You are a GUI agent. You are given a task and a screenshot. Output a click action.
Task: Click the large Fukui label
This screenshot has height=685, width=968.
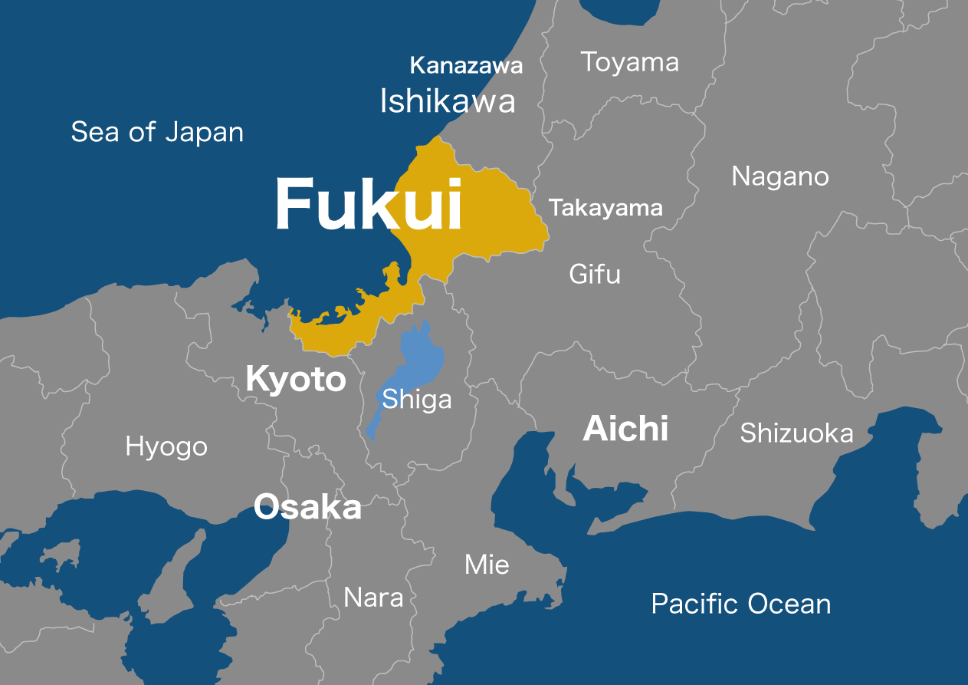(x=369, y=205)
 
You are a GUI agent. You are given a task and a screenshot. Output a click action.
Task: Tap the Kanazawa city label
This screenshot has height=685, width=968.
(x=466, y=65)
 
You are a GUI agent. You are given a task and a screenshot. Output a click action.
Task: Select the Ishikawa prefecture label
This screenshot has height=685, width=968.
(x=448, y=101)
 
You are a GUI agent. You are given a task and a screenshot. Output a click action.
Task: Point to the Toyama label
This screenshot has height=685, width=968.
(x=629, y=62)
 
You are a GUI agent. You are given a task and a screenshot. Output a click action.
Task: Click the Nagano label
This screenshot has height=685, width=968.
(x=779, y=176)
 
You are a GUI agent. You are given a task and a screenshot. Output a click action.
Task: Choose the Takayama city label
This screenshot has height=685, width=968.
(x=605, y=208)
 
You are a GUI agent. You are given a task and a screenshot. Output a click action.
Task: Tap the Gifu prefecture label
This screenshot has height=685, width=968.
(x=595, y=274)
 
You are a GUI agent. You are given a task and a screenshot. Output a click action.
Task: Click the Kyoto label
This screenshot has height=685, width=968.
(x=296, y=380)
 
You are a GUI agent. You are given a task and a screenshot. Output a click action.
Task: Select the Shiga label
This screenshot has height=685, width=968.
(x=417, y=400)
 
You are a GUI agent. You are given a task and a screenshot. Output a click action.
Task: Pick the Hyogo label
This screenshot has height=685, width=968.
(x=166, y=446)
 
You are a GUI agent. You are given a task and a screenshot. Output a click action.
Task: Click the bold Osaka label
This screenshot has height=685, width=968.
(x=307, y=507)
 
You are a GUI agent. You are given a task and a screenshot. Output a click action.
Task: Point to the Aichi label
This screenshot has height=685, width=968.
(x=625, y=428)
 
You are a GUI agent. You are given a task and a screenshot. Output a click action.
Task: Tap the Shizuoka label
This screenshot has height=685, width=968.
(x=796, y=433)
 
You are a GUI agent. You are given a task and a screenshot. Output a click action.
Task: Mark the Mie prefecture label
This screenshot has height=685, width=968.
(x=487, y=565)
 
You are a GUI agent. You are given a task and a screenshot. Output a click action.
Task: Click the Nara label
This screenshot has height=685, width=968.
(x=373, y=597)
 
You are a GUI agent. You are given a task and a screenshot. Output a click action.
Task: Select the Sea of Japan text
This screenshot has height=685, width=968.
(x=157, y=132)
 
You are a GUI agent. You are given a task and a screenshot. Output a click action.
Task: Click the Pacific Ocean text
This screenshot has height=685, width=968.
(x=741, y=604)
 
